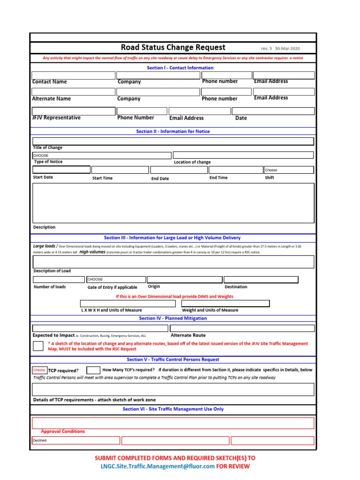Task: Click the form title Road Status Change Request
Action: pyautogui.click(x=173, y=47)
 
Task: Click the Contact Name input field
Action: pyautogui.click(x=73, y=75)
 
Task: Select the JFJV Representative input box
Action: pyautogui.click(x=73, y=111)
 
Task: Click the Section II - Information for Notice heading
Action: pyautogui.click(x=173, y=131)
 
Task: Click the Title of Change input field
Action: pyautogui.click(x=173, y=141)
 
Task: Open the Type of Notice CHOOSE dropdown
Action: pyautogui.click(x=101, y=155)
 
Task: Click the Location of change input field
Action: pyautogui.click(x=243, y=155)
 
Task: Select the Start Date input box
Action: pyautogui.click(x=61, y=170)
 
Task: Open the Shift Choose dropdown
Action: pyautogui.click(x=288, y=170)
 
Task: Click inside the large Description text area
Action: pyautogui.click(x=173, y=202)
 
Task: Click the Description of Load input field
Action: pyautogui.click(x=173, y=261)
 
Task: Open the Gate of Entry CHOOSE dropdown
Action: pyautogui.click(x=116, y=279)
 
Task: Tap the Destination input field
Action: pyautogui.click(x=261, y=279)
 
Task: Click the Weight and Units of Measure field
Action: pyautogui.click(x=225, y=303)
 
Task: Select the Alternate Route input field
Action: pyautogui.click(x=242, y=328)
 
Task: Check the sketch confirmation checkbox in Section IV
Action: pyautogui.click(x=38, y=346)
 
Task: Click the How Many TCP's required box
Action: pyautogui.click(x=93, y=370)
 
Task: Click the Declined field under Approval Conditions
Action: pyautogui.click(x=75, y=441)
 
